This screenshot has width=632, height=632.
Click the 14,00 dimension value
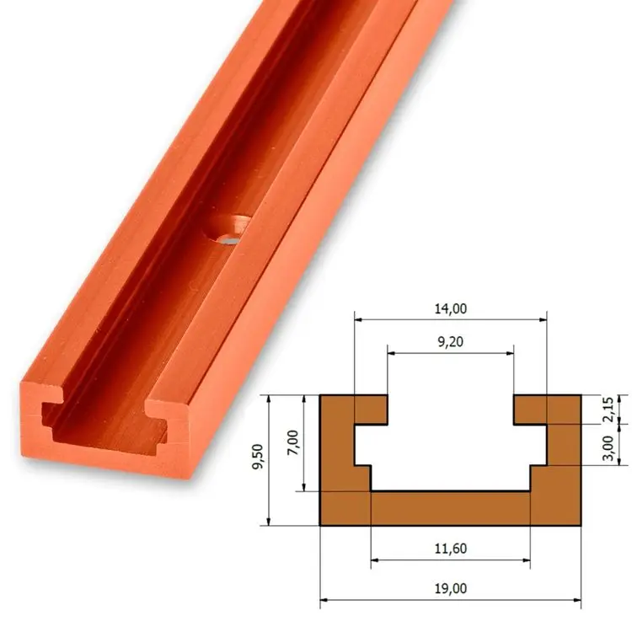[450, 309]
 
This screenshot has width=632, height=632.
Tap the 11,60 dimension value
[450, 549]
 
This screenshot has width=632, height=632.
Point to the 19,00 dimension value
[450, 588]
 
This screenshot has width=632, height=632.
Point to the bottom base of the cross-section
[450, 509]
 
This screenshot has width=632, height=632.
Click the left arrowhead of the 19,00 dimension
[324, 602]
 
